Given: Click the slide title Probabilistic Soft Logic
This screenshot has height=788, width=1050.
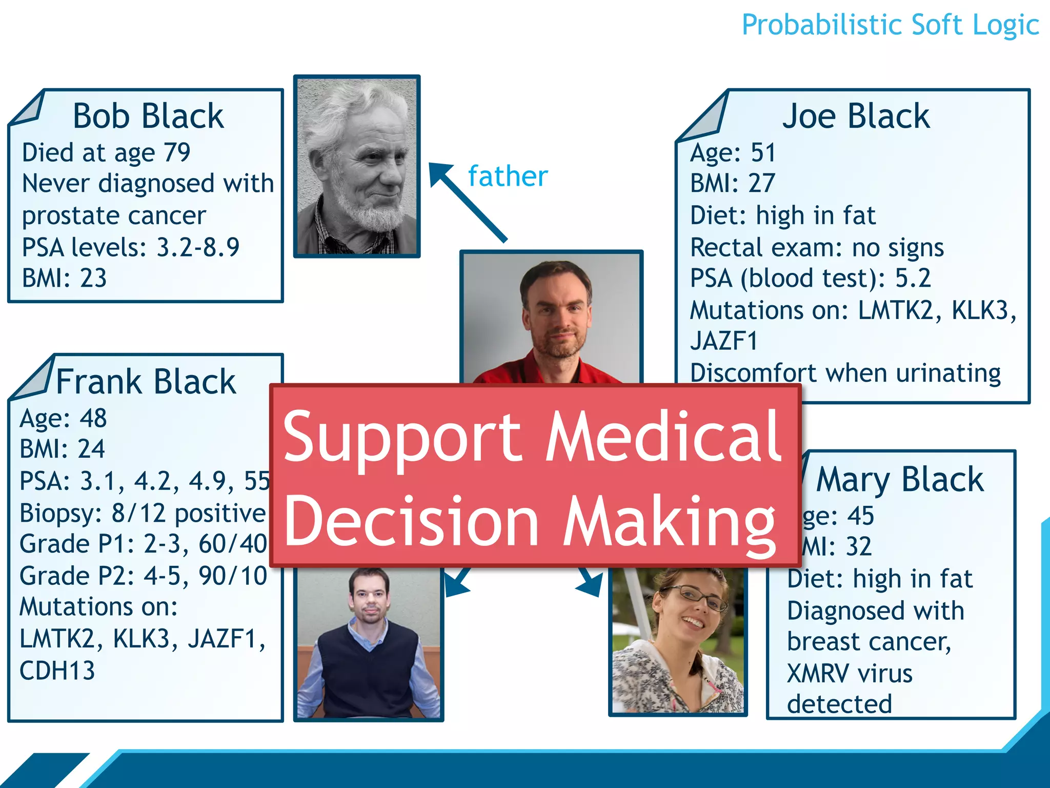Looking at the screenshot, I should point(890,26).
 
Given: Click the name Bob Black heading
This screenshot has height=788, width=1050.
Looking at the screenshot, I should point(148,116).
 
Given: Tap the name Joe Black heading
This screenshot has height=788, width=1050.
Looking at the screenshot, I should point(855,116).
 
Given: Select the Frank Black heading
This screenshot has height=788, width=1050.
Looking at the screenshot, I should point(146,382).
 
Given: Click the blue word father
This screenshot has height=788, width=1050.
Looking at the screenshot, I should point(508,176).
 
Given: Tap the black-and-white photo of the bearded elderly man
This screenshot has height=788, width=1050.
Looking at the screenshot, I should point(357,166).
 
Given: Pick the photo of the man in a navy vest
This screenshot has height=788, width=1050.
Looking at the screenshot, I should point(369,644).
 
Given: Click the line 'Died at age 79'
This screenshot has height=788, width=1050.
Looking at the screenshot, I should point(106,153).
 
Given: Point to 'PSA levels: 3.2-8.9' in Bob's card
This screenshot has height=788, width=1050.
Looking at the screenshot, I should point(131,247).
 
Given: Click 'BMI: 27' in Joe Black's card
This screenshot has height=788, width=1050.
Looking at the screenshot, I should point(732,184).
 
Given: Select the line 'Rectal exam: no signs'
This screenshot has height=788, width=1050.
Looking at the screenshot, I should point(817,248).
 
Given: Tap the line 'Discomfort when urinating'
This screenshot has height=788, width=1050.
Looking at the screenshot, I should point(845,373).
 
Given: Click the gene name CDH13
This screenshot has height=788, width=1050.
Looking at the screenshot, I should point(57,671).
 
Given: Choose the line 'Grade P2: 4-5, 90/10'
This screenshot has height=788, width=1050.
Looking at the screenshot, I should point(143,576).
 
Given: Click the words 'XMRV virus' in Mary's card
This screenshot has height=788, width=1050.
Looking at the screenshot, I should point(850,674).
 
